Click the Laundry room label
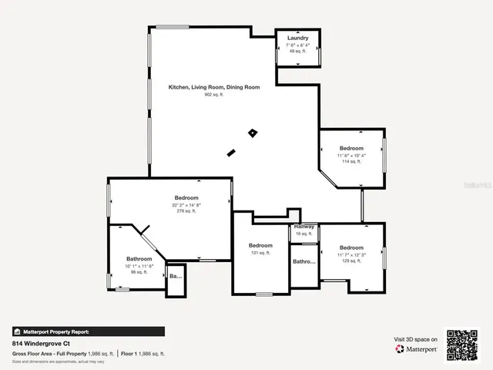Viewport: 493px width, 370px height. point(298,38)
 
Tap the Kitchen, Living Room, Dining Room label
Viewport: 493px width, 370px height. point(214,87)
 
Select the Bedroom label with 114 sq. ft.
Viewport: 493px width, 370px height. point(351,148)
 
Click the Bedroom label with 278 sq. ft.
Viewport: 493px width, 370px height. point(186,198)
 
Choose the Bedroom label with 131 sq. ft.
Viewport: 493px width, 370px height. point(260,245)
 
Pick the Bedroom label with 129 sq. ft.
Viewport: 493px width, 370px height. point(351,247)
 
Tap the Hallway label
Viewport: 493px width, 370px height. point(304,227)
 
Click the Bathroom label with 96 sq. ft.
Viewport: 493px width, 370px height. point(139,258)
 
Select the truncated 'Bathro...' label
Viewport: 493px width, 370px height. point(304,262)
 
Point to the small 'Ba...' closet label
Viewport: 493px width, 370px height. point(175,275)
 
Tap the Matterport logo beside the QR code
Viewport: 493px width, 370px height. point(417,349)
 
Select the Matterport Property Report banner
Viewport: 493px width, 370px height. point(51,331)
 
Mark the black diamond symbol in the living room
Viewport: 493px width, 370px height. point(252,133)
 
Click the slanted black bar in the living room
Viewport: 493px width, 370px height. point(230,153)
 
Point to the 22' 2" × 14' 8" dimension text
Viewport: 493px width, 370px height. point(186,205)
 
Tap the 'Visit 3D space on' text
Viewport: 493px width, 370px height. point(415,339)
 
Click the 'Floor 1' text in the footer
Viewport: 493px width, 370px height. point(129,353)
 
